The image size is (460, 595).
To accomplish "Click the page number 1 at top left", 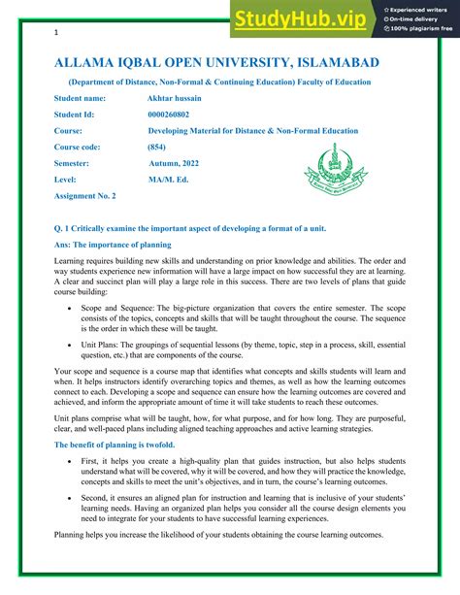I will tap(56, 33).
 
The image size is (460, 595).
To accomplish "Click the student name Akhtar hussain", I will tap(177, 98).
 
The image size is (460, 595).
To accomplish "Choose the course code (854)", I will tap(156, 147).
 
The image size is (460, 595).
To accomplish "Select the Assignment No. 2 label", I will tap(84, 196).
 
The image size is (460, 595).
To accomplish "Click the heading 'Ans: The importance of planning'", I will tap(113, 245).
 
